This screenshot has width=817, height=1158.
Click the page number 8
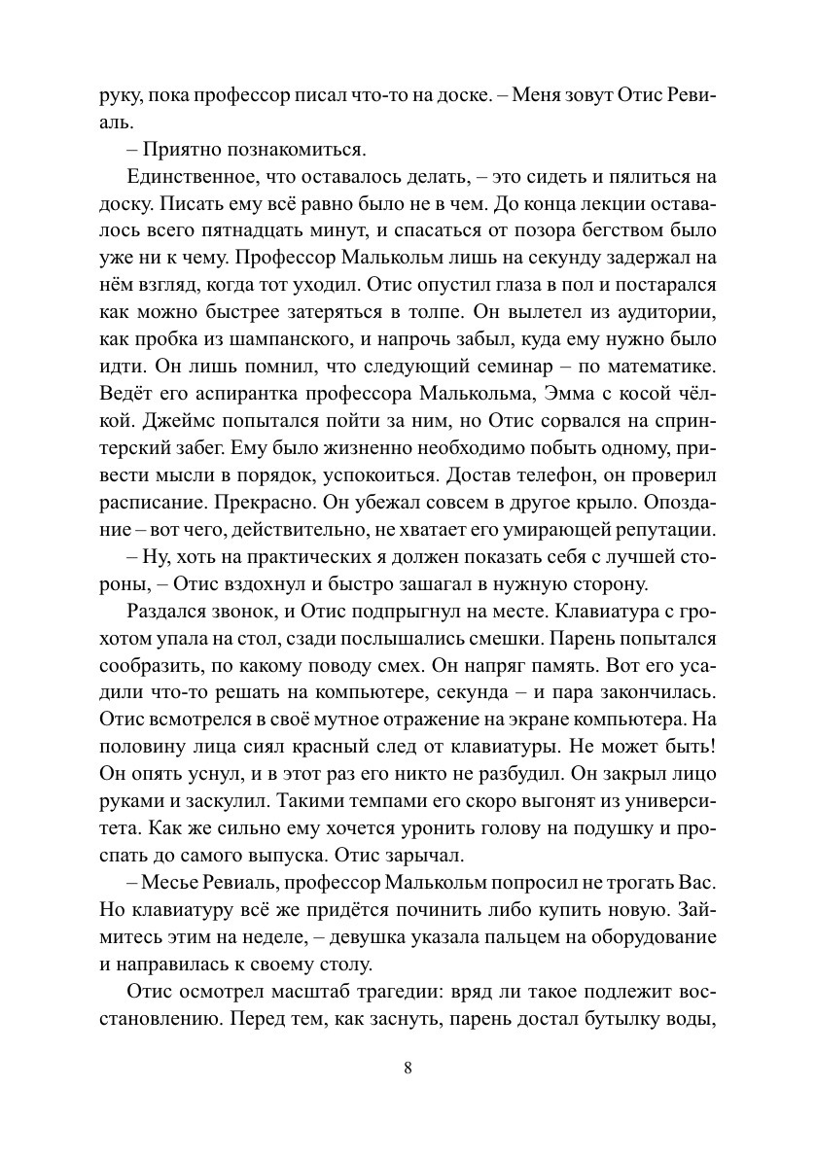(x=408, y=1068)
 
